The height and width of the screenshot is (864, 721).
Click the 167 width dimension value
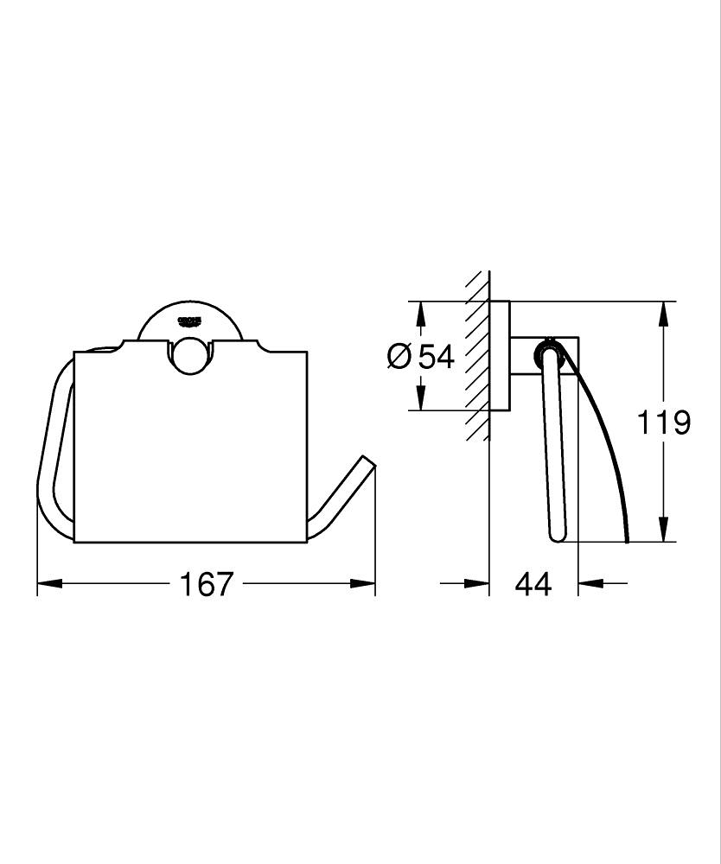207,584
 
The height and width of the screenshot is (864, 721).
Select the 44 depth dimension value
533,584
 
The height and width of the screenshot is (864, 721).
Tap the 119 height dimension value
664,422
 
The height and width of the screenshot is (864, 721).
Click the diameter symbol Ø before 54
399,356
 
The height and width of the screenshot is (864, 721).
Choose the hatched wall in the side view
476,354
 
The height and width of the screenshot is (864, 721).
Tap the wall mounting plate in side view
500,355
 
